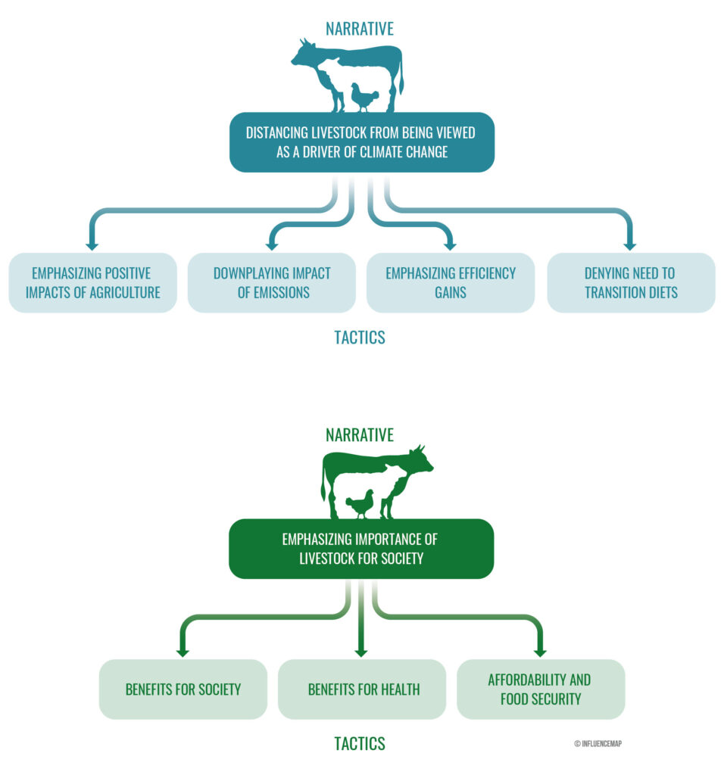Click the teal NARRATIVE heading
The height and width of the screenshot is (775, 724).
click(360, 29)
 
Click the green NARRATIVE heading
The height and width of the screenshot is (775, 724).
click(360, 435)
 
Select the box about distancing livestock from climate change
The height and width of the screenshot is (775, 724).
click(361, 142)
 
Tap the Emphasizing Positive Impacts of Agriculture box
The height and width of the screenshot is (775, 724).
click(92, 282)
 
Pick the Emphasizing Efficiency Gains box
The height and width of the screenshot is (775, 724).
click(450, 282)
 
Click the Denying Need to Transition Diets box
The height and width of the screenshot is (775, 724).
click(630, 282)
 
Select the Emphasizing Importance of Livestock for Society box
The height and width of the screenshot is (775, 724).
click(360, 549)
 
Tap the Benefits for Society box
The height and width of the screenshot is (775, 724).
click(183, 689)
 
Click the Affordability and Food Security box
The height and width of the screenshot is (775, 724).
click(540, 689)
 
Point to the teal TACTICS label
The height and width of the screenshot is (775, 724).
click(360, 338)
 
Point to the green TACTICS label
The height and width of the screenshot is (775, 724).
click(360, 744)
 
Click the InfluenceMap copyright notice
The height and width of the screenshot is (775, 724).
click(598, 744)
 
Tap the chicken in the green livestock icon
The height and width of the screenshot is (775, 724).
click(360, 504)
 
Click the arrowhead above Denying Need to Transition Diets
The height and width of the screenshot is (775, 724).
click(630, 244)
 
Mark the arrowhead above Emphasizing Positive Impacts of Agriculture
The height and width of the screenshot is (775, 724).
click(92, 244)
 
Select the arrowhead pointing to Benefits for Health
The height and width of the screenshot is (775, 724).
click(361, 651)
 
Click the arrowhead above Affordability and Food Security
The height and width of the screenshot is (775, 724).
click(540, 651)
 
